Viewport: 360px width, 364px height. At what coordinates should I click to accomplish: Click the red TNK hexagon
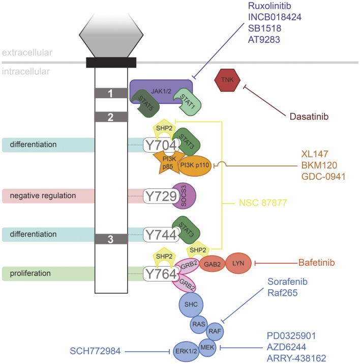227,80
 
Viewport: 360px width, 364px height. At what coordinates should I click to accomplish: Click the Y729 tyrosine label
161,196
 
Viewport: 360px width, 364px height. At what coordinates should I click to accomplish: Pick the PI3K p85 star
169,162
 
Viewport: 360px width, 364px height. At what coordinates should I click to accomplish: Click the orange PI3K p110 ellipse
195,165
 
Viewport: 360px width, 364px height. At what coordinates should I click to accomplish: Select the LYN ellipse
238,263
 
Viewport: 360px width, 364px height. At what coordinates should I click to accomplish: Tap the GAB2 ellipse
212,264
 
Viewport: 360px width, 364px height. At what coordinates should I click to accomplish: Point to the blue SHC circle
191,304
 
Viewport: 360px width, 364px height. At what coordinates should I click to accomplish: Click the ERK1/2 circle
186,351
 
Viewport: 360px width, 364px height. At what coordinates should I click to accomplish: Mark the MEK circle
207,348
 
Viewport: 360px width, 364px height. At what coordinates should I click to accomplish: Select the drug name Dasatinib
309,117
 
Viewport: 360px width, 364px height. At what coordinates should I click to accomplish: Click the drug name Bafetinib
316,263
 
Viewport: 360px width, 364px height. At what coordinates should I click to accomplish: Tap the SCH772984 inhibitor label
95,351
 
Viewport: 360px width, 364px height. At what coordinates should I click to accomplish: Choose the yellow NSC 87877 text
263,203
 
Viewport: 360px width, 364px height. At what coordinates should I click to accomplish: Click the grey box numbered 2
111,117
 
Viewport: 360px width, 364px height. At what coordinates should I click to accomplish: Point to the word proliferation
31,273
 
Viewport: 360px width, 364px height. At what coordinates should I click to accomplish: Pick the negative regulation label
43,195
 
